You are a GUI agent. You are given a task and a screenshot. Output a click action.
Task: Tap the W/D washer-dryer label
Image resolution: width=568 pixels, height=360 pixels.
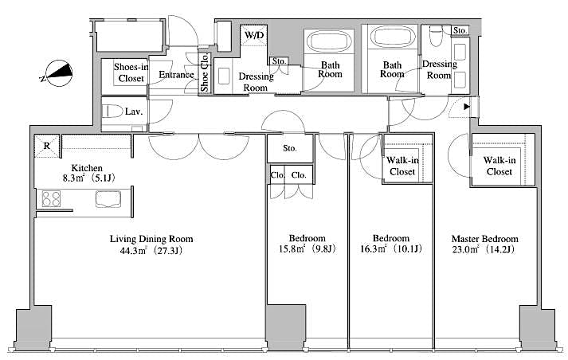(255, 36)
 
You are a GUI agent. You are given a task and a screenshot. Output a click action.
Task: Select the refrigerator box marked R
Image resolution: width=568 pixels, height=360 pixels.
(46, 146)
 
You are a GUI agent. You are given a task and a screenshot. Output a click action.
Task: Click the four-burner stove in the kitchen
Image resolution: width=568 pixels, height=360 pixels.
(53, 198)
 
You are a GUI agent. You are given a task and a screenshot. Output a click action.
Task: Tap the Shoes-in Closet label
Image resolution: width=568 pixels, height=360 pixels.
(130, 72)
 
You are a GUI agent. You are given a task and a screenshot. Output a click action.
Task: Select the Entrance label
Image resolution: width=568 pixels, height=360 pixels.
(176, 75)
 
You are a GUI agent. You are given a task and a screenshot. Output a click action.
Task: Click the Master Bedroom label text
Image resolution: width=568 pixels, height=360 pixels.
(484, 239)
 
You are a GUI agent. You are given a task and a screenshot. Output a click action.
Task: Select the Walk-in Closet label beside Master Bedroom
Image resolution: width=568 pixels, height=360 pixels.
(499, 165)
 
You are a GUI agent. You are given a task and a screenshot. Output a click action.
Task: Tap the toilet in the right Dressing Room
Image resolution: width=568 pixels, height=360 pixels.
(436, 36)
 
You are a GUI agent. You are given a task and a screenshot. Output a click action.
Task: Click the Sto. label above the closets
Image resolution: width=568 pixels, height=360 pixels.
(290, 148)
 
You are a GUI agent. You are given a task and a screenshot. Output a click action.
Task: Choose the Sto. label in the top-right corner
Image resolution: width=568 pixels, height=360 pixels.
(460, 30)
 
